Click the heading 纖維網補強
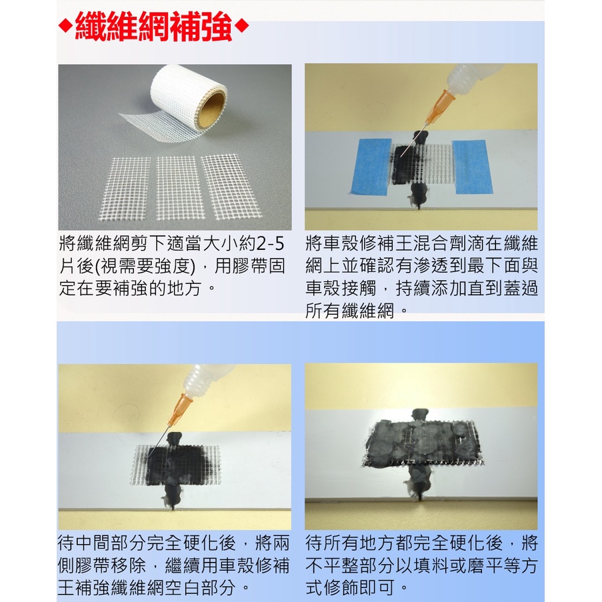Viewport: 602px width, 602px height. tap(154, 28)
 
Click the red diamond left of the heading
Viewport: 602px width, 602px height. tap(65, 28)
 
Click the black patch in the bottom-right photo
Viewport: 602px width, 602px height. tap(420, 443)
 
